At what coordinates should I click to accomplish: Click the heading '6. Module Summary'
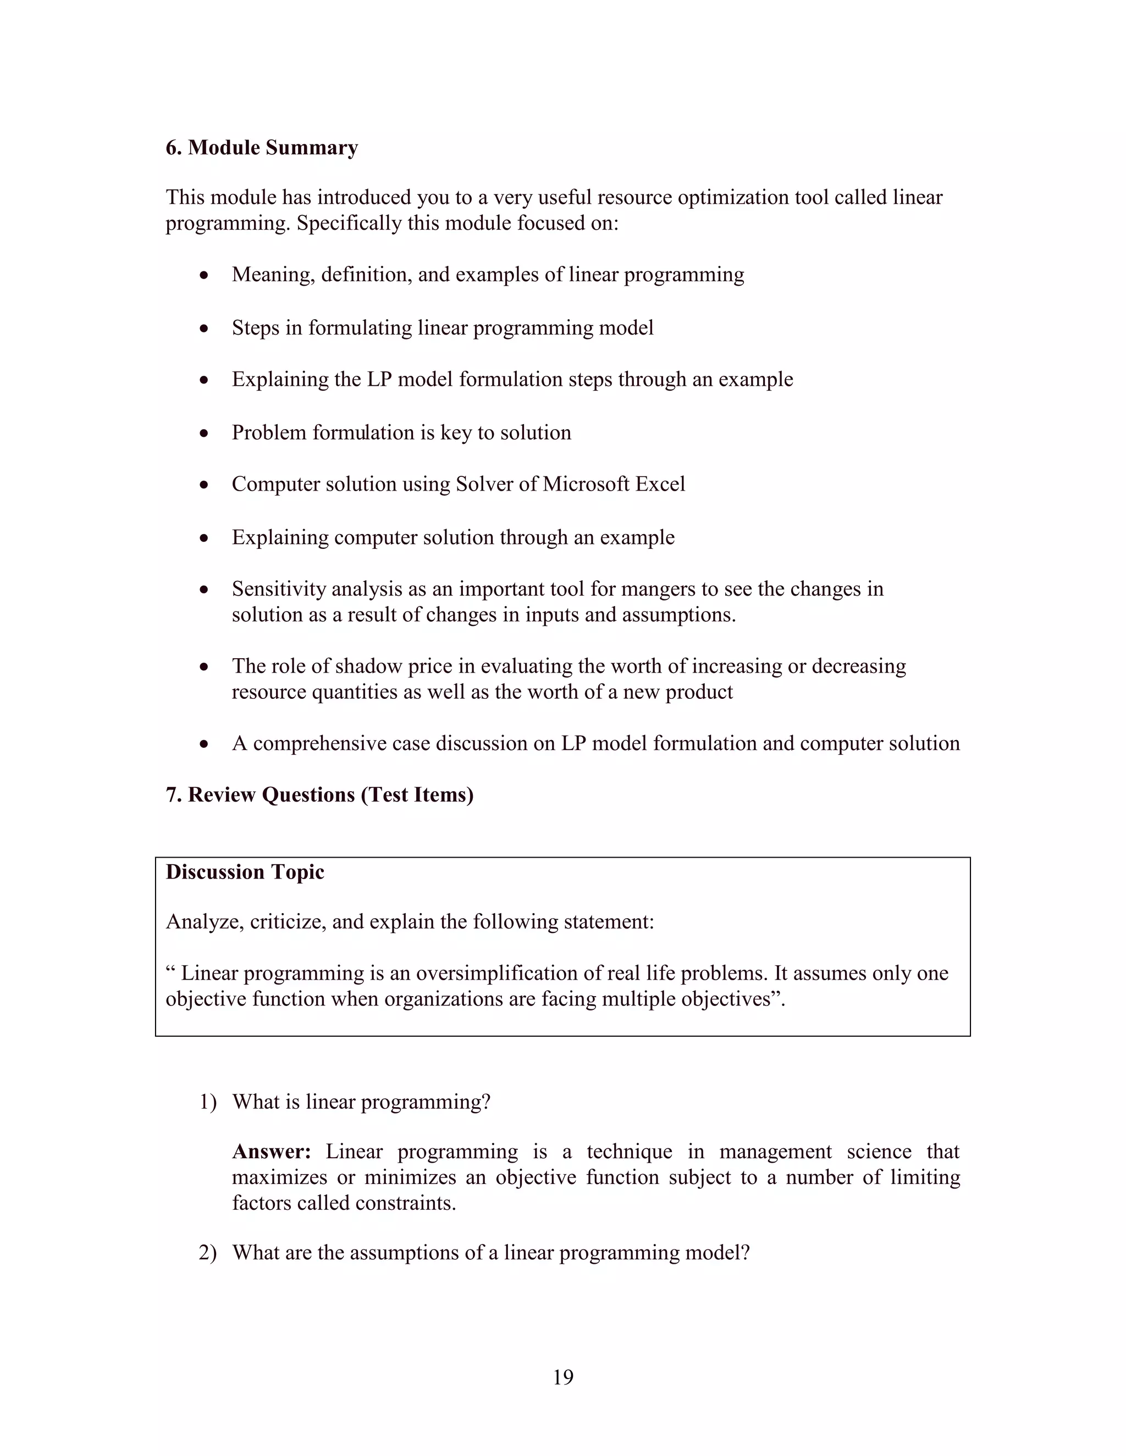pyautogui.click(x=262, y=147)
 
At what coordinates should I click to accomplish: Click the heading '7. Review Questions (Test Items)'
pyautogui.click(x=319, y=794)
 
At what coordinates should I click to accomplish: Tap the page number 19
pyautogui.click(x=563, y=1377)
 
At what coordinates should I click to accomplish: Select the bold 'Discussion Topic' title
pyautogui.click(x=245, y=872)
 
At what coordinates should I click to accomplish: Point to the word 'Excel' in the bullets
pyautogui.click(x=660, y=484)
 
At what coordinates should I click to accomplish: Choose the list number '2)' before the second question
pyautogui.click(x=207, y=1253)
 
